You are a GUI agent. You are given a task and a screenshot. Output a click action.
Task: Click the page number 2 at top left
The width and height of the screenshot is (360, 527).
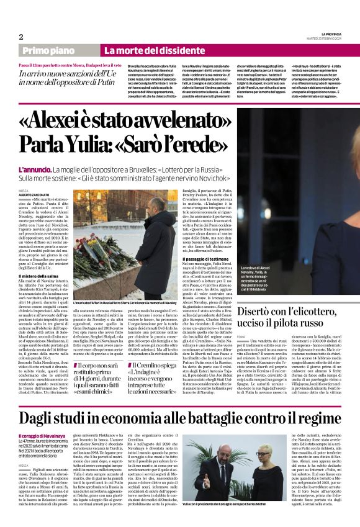click(21, 37)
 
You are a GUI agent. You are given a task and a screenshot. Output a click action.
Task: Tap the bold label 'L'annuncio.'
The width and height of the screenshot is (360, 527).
click(35, 169)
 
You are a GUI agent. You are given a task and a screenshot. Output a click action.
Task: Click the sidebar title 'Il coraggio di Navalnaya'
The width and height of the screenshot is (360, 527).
click(43, 419)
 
